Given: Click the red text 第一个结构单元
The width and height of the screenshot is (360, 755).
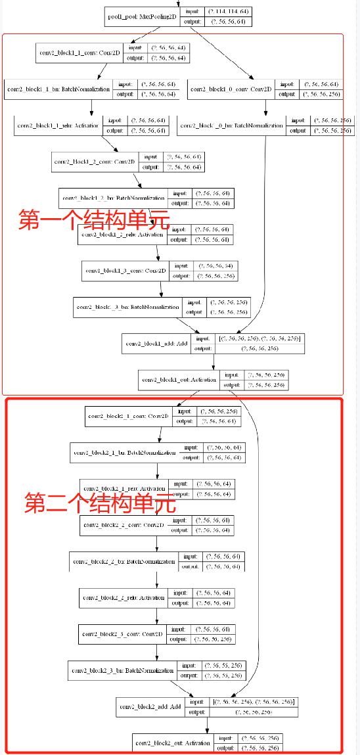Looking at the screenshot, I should click(93, 219).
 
